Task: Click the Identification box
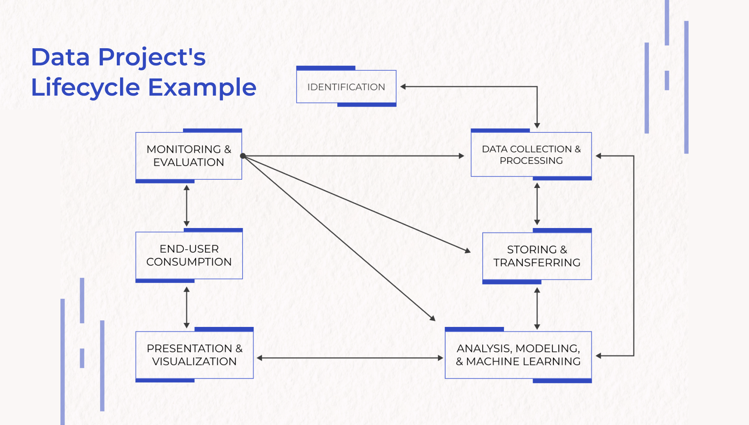(x=346, y=87)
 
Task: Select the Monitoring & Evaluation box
(x=189, y=156)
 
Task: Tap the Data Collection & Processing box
(x=531, y=155)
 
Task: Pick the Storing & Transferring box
(x=537, y=256)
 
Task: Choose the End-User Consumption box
(x=189, y=255)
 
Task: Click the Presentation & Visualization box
(x=194, y=355)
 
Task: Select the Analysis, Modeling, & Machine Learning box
(x=518, y=355)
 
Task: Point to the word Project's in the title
(x=152, y=57)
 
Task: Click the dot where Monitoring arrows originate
(x=243, y=156)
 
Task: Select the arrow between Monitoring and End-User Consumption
(x=187, y=206)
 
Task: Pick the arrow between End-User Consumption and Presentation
(x=187, y=307)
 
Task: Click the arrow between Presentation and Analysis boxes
(x=350, y=358)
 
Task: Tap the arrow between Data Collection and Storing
(x=537, y=204)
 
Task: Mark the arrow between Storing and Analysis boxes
(x=537, y=309)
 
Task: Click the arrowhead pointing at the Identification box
(x=403, y=87)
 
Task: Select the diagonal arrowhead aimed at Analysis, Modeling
(x=433, y=318)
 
